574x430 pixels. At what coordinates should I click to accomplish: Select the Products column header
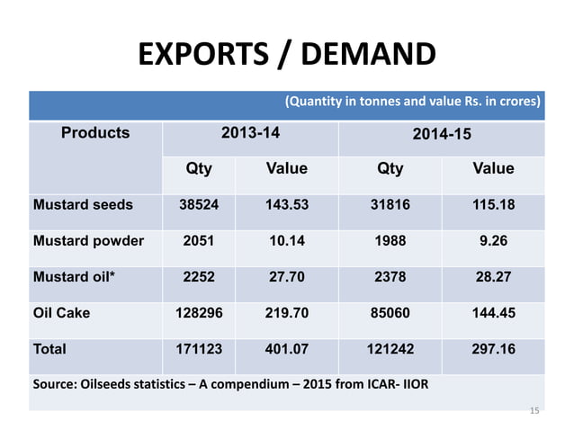pos(95,134)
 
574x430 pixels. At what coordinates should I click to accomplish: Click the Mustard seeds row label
pos(83,205)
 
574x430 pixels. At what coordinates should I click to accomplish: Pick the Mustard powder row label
pos(87,241)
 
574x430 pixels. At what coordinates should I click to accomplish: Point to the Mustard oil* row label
pos(74,277)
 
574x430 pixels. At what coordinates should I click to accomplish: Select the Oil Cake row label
pos(63,313)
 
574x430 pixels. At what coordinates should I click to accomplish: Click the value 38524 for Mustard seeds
pos(199,205)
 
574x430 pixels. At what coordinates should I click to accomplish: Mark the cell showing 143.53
pos(286,205)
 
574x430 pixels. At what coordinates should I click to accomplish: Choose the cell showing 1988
pos(390,241)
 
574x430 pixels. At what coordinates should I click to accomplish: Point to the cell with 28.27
pos(493,277)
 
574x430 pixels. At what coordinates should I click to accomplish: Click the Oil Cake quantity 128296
pos(199,313)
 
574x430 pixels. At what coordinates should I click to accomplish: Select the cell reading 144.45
pos(493,313)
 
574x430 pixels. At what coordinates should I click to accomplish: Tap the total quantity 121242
pos(390,348)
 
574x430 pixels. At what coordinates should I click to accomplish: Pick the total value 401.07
pos(286,348)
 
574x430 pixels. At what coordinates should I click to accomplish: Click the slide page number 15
pos(534,411)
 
